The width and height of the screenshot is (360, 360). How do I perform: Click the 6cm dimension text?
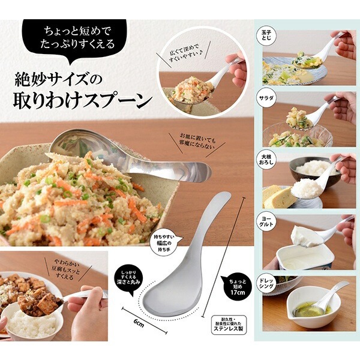coord(139,323)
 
